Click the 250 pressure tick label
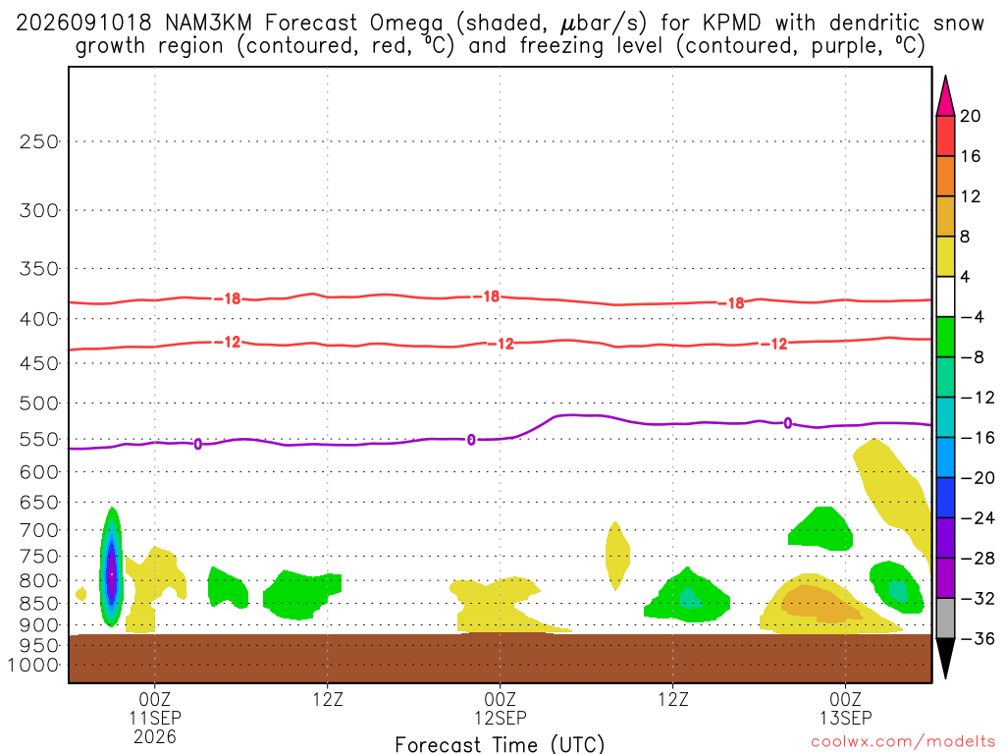[x=39, y=141]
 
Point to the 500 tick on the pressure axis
[x=39, y=404]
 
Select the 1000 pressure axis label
[x=32, y=665]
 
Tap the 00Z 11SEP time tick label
[x=155, y=717]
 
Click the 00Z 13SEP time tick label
[x=845, y=708]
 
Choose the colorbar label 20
[x=970, y=116]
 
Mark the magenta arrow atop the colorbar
[x=945, y=95]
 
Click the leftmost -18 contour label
[x=228, y=298]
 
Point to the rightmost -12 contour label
[x=773, y=345]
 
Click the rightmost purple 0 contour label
[x=788, y=423]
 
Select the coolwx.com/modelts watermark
[x=903, y=741]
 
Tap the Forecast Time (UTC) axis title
[x=500, y=744]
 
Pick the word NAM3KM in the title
[x=208, y=24]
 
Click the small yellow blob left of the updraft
[x=80, y=594]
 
